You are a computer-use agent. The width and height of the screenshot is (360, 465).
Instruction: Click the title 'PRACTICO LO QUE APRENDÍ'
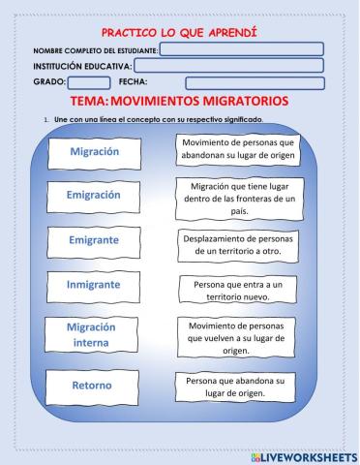[179, 33]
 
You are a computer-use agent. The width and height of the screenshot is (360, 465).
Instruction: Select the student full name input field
[241, 49]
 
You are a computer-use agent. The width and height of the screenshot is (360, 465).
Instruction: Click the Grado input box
[90, 82]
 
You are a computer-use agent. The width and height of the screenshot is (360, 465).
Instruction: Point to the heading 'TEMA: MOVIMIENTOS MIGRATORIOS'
[180, 101]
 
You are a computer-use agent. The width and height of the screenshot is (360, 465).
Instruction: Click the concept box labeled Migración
[95, 152]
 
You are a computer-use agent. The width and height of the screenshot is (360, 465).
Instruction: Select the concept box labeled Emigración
[95, 195]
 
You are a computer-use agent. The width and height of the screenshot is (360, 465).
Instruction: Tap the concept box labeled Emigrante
[95, 239]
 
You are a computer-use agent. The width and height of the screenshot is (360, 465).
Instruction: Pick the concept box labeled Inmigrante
[95, 286]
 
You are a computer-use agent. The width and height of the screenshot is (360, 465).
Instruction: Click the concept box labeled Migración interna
[95, 334]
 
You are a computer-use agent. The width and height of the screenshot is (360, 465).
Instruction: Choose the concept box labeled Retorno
[93, 386]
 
